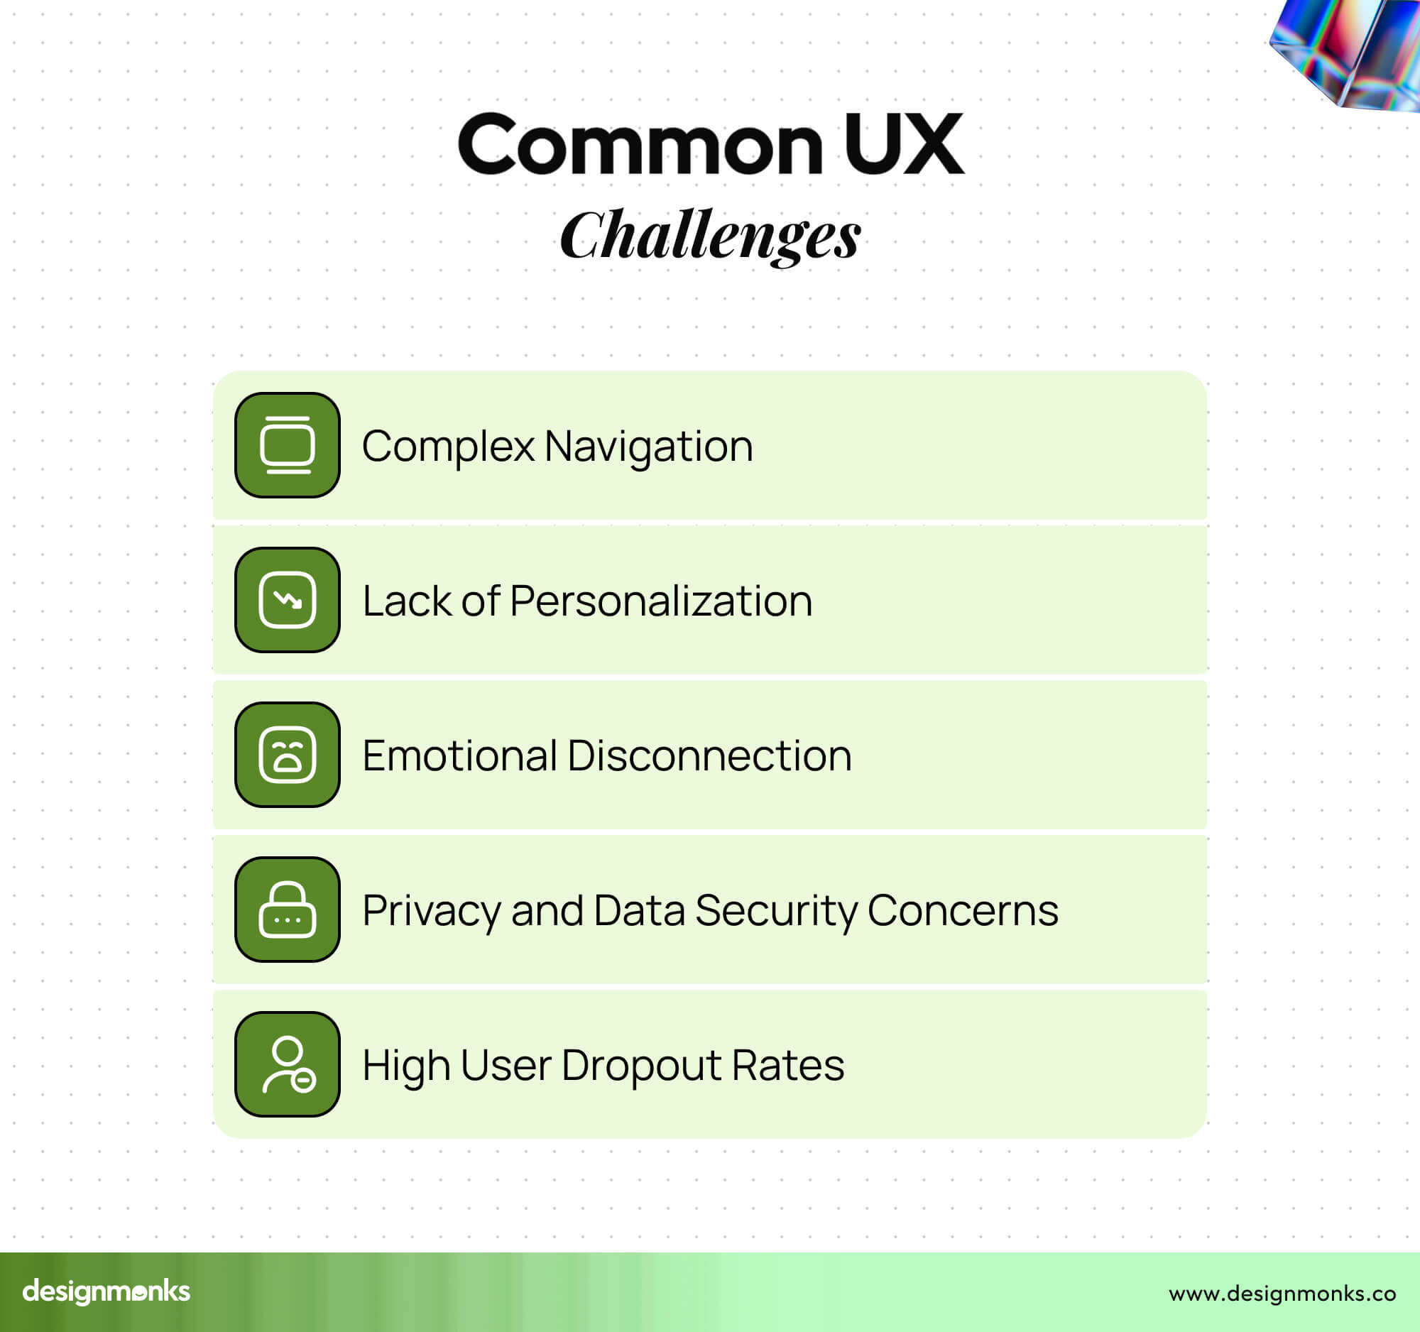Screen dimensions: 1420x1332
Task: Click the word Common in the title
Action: point(640,144)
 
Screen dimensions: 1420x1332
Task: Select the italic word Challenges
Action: point(710,235)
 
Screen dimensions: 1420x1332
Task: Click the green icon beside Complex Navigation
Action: point(287,445)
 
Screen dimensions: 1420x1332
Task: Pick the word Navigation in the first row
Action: point(648,447)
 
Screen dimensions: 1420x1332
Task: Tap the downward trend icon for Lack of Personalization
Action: point(287,600)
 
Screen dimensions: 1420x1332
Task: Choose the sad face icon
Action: point(287,755)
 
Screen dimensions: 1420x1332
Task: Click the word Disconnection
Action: point(710,755)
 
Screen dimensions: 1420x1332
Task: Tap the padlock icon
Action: point(287,910)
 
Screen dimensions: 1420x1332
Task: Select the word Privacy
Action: point(432,912)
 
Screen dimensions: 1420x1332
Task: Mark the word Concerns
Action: point(963,911)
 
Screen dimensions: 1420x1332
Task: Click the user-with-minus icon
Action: point(287,1064)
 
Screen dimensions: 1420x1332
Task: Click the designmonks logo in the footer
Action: point(106,1292)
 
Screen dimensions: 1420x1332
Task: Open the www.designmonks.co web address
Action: point(1282,1294)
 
